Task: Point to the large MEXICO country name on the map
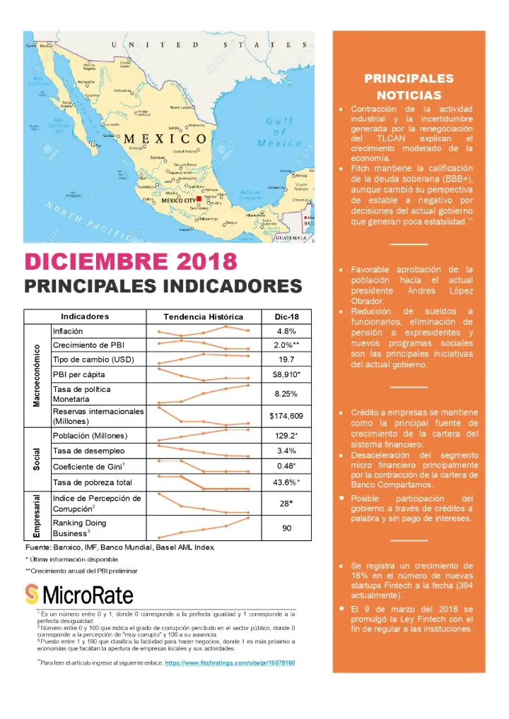tap(165, 138)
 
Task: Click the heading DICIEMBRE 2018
tap(131, 261)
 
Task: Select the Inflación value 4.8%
tap(286, 331)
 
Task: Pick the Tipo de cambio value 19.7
tap(286, 359)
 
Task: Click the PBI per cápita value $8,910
tap(286, 374)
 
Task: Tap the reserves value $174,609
tap(286, 415)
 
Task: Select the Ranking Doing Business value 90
tap(286, 528)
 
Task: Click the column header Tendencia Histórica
tap(203, 316)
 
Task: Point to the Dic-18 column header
tap(286, 316)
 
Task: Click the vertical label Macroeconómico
tap(37, 375)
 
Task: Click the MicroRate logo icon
tap(32, 593)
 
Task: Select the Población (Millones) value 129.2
tap(286, 436)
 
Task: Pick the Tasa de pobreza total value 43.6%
tap(286, 482)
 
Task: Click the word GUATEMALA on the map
tap(292, 239)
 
